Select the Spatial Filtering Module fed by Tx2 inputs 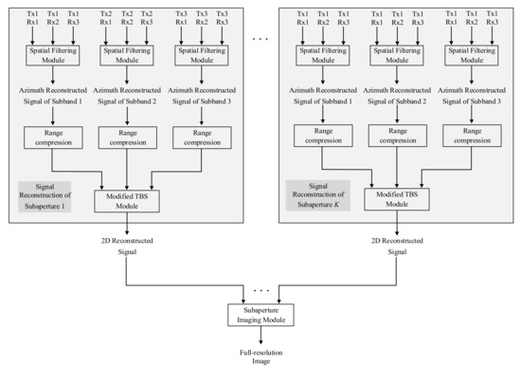tap(127, 53)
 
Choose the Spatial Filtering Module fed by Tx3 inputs tap(201, 53)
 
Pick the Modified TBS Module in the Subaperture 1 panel tap(127, 200)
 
